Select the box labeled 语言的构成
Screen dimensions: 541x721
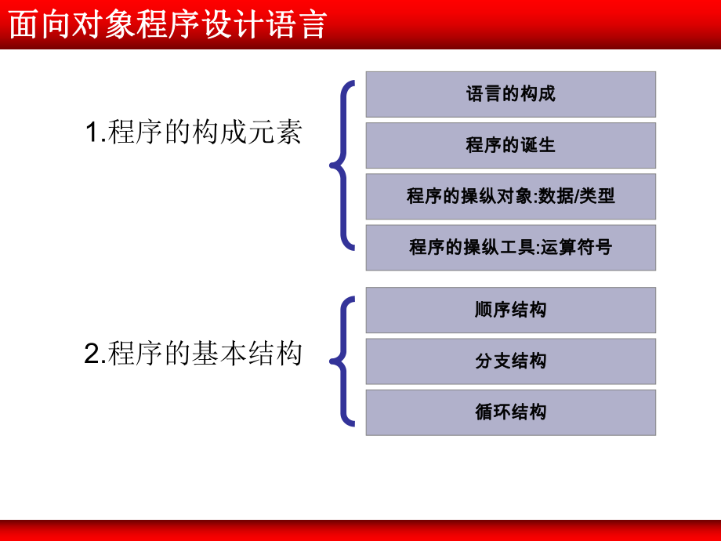(x=510, y=94)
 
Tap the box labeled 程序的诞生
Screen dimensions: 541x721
(x=510, y=145)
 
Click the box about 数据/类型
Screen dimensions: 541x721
(x=510, y=196)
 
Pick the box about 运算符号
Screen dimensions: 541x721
(x=510, y=248)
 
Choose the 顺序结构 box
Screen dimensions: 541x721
(x=510, y=310)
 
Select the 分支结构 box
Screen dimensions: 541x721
(x=510, y=361)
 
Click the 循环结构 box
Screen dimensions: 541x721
(x=510, y=412)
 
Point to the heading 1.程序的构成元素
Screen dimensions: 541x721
(x=193, y=133)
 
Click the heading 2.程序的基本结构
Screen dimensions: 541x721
(x=193, y=354)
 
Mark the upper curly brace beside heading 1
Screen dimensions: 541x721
(x=342, y=165)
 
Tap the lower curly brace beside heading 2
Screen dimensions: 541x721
(x=342, y=361)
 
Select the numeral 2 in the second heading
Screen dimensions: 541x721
(x=91, y=355)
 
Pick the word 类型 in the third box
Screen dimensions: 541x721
(x=597, y=196)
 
